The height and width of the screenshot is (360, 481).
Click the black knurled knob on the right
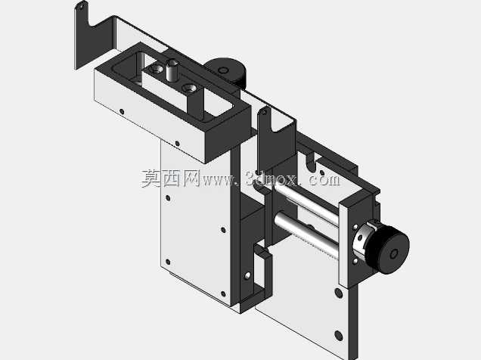click(x=389, y=249)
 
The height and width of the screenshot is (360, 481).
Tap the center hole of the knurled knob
click(x=393, y=254)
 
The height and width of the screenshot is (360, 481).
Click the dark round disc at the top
click(x=226, y=70)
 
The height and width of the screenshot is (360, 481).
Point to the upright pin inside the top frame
click(x=172, y=70)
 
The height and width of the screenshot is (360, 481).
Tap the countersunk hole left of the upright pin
click(x=157, y=68)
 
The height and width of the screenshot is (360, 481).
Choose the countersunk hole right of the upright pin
click(x=188, y=88)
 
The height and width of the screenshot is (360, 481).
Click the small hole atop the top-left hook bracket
click(x=82, y=5)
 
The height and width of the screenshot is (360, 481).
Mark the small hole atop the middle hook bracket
click(x=264, y=113)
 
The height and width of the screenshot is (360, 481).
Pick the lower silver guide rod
click(x=307, y=234)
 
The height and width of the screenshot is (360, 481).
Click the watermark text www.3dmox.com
click(x=271, y=178)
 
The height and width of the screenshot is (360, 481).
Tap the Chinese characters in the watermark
click(x=171, y=178)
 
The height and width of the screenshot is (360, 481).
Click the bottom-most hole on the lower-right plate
click(x=339, y=336)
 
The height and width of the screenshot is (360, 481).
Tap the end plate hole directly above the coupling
click(x=356, y=227)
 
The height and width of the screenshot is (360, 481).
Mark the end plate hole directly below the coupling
click(x=355, y=261)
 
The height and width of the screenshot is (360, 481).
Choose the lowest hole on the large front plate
click(x=223, y=294)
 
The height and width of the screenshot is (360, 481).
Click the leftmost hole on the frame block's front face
click(x=122, y=112)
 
